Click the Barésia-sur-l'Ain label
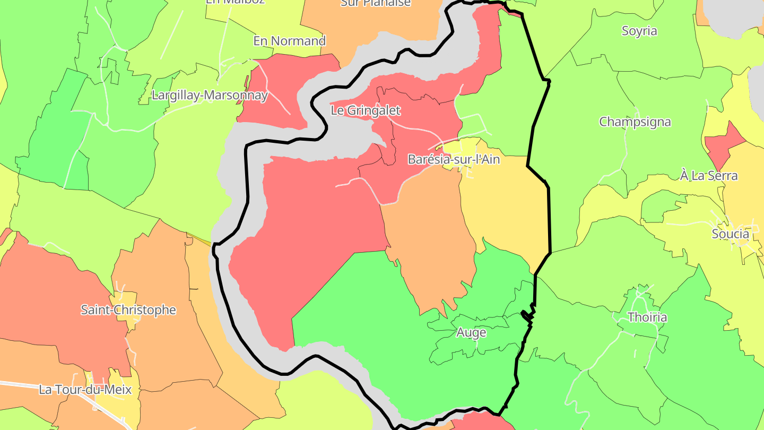(x=454, y=159)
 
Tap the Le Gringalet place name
(x=365, y=110)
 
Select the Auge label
(x=471, y=333)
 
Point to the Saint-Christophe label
(x=128, y=309)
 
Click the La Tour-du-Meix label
(x=85, y=389)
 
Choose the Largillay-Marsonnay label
(x=210, y=96)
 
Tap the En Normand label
(x=289, y=41)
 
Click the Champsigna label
(x=635, y=122)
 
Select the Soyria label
(x=639, y=31)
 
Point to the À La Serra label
(x=709, y=175)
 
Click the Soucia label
(x=731, y=234)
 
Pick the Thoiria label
(x=647, y=317)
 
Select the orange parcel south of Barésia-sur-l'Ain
(x=430, y=250)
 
